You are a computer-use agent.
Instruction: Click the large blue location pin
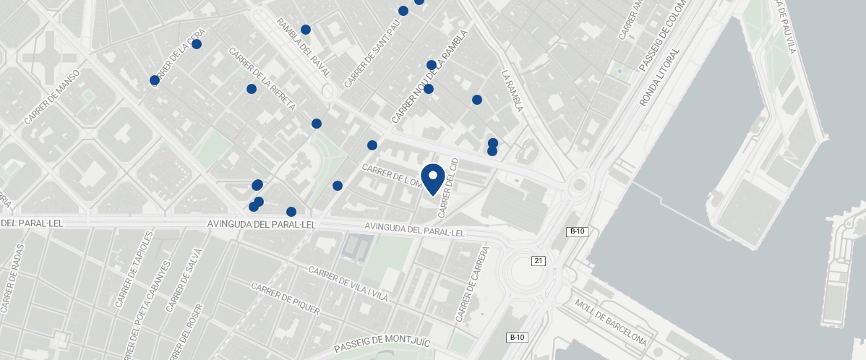click(x=433, y=179)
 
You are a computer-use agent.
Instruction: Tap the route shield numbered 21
click(x=538, y=260)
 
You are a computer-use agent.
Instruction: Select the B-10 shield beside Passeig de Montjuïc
click(x=517, y=338)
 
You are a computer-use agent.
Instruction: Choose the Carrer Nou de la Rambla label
click(x=429, y=76)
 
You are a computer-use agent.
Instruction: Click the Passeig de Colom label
click(x=661, y=35)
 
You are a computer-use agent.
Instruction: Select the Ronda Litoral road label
click(x=659, y=77)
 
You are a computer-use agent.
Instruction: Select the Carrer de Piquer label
click(x=285, y=298)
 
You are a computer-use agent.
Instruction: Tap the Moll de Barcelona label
click(x=611, y=321)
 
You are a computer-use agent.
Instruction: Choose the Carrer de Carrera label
click(x=473, y=284)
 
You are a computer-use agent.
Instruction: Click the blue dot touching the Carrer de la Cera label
click(x=154, y=80)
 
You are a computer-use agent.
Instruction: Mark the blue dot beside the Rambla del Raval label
click(x=306, y=30)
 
